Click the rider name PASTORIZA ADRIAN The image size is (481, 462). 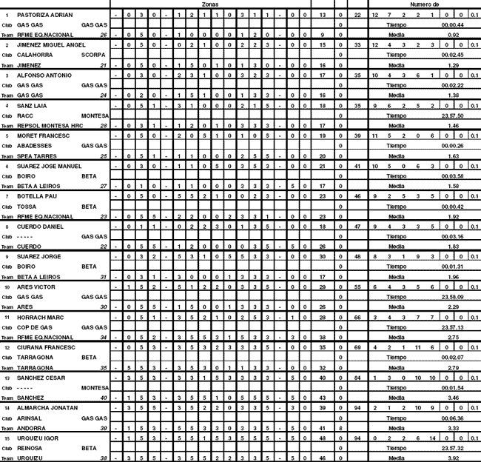click(44, 15)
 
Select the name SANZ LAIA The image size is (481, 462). click(30, 106)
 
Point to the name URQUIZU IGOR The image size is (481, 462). click(37, 438)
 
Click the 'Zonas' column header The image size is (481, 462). click(210, 4)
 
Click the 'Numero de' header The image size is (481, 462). click(424, 4)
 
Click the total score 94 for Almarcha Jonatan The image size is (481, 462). click(357, 407)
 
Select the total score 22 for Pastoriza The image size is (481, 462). click(357, 15)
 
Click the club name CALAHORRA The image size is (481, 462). click(35, 55)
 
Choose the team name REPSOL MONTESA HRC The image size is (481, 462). click(48, 126)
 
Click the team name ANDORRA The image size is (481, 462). click(30, 427)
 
